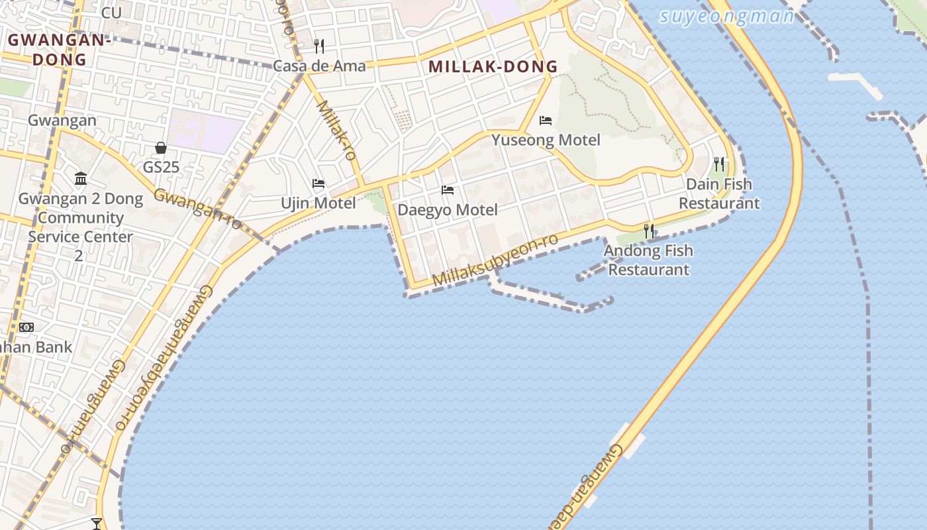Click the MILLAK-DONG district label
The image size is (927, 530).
point(493,66)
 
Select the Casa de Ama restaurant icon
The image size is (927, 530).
point(319,46)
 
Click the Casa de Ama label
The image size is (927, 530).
point(319,66)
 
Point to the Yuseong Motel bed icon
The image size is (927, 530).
point(546,120)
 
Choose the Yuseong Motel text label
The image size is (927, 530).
point(546,140)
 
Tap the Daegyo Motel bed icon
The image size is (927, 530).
point(448,190)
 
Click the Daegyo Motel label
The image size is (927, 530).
point(448,210)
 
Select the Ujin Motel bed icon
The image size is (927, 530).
point(318,183)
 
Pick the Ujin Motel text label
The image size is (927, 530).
point(318,203)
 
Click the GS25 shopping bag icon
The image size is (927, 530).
point(161,148)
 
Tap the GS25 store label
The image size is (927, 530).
point(162,167)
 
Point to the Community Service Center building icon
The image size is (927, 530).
point(81,178)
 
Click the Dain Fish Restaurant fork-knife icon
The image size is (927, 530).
point(719,164)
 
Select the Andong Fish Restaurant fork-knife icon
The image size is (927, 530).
point(649,231)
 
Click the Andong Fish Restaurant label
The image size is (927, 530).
point(649,260)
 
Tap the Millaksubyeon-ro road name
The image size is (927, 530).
point(495,260)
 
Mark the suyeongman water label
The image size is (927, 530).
point(727,16)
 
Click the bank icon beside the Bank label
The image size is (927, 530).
point(26,327)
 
